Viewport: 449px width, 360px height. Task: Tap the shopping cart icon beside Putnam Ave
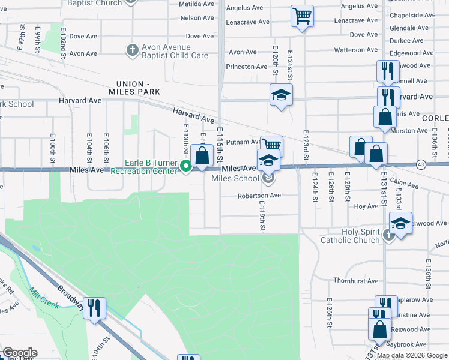pyautogui.click(x=272, y=145)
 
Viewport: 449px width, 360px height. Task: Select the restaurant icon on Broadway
pyautogui.click(x=94, y=308)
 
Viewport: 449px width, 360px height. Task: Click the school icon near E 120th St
pyautogui.click(x=280, y=95)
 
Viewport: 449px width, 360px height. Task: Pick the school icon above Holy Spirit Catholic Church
pyautogui.click(x=400, y=223)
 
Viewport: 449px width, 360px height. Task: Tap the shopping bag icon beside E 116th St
pyautogui.click(x=203, y=156)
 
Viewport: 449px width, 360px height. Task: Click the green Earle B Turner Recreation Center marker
pyautogui.click(x=186, y=166)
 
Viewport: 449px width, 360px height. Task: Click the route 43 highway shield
pyautogui.click(x=420, y=164)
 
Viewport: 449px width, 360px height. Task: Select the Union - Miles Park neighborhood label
pyautogui.click(x=134, y=88)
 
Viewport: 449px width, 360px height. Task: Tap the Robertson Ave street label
pyautogui.click(x=259, y=195)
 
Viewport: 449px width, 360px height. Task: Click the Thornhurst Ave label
pyautogui.click(x=356, y=280)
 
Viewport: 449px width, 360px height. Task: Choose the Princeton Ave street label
pyautogui.click(x=246, y=67)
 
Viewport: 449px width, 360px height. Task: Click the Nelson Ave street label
pyautogui.click(x=197, y=18)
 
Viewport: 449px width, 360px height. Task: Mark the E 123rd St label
pyautogui.click(x=306, y=144)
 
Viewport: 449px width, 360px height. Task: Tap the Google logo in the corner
pyautogui.click(x=19, y=353)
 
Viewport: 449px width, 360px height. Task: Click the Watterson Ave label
pyautogui.click(x=355, y=50)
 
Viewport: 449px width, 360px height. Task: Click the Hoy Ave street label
pyautogui.click(x=366, y=206)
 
